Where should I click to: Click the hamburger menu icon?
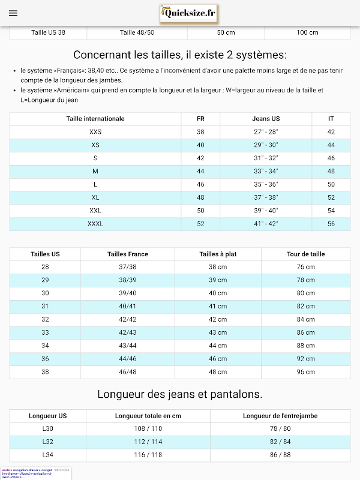click(13, 13)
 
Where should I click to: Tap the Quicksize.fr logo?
click(188, 13)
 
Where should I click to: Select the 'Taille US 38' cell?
click(48, 32)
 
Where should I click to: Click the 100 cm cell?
click(307, 32)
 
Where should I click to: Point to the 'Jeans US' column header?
click(266, 119)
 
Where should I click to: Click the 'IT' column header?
click(331, 119)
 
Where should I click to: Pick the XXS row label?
click(95, 132)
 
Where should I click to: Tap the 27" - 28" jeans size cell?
click(266, 132)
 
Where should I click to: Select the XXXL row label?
click(95, 224)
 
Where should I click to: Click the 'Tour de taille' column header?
click(305, 254)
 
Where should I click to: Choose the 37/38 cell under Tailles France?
click(128, 267)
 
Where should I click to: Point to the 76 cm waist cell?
click(305, 267)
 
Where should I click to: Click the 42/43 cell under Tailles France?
click(128, 332)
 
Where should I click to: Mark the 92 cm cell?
click(305, 359)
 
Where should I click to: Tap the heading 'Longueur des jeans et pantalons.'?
click(180, 394)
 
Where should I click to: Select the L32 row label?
click(48, 442)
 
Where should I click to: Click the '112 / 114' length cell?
click(148, 442)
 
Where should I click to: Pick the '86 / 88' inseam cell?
click(280, 455)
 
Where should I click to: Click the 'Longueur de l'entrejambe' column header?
click(280, 416)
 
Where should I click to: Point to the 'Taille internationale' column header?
click(95, 119)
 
